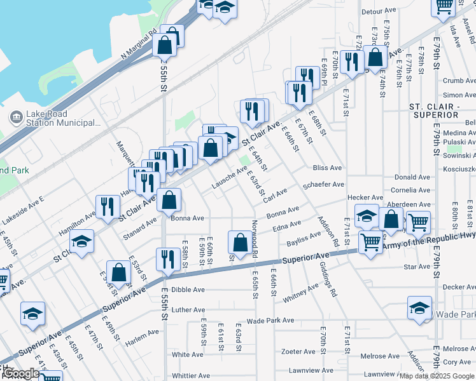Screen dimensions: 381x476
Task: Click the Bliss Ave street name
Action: [x=328, y=168]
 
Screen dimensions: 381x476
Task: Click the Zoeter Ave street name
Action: [x=298, y=351]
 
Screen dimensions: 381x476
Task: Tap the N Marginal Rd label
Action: [x=139, y=46]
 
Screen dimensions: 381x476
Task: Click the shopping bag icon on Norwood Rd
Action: [x=240, y=243]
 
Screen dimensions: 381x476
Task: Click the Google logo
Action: [x=21, y=373]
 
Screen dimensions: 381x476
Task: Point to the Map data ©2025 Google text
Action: [x=437, y=375]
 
